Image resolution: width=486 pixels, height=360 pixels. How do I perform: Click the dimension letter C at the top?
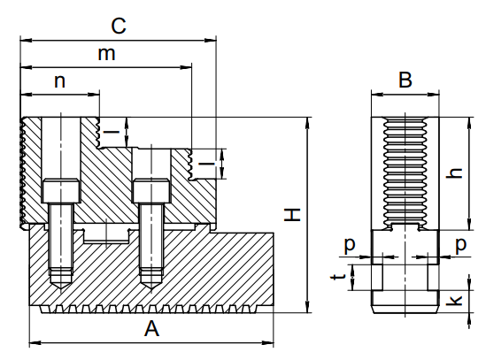pos(119,26)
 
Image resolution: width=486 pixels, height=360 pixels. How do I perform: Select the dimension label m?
pos(106,54)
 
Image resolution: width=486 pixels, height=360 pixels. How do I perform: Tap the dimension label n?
pos(60,81)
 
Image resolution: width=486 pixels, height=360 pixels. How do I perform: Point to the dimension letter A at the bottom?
pos(151,328)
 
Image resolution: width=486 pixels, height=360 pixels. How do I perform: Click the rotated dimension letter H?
pos(292,215)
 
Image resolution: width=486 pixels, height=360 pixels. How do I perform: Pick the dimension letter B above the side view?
pos(405,80)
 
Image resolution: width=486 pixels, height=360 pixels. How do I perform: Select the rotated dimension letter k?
pos(454,300)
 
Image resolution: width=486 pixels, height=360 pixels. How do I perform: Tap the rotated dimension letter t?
pos(338,275)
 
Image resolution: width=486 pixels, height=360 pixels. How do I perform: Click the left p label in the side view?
pos(350,246)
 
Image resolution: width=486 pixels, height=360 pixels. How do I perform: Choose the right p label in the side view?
pos(461,246)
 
